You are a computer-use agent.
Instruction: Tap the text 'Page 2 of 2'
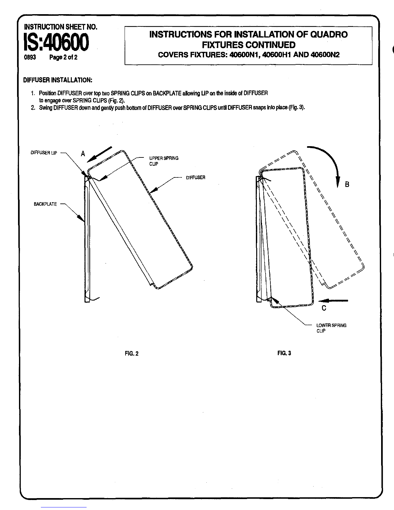pyautogui.click(x=63, y=58)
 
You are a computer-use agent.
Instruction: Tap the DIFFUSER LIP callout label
pyautogui.click(x=44, y=153)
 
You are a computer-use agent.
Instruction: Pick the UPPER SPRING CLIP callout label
pyautogui.click(x=164, y=161)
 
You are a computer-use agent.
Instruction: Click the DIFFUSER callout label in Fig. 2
pyautogui.click(x=195, y=178)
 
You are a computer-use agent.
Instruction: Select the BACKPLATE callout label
pyautogui.click(x=45, y=204)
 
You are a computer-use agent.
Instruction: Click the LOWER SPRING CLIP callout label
pyautogui.click(x=331, y=328)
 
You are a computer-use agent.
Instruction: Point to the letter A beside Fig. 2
pyautogui.click(x=83, y=154)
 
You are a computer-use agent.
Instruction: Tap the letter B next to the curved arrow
pyautogui.click(x=347, y=184)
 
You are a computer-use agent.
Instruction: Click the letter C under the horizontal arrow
pyautogui.click(x=324, y=308)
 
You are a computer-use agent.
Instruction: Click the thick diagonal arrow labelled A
pyautogui.click(x=99, y=154)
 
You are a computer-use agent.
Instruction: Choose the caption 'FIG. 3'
pyautogui.click(x=284, y=353)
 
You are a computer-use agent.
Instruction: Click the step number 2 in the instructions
pyautogui.click(x=33, y=108)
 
